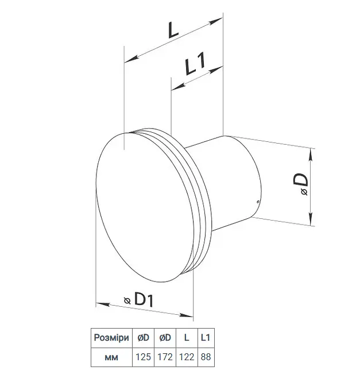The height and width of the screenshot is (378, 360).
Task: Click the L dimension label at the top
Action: pyautogui.click(x=173, y=29)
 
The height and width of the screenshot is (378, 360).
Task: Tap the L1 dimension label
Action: pyautogui.click(x=195, y=63)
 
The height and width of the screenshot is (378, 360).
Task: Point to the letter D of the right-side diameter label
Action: pyautogui.click(x=301, y=180)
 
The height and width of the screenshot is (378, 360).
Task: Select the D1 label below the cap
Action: pyautogui.click(x=144, y=299)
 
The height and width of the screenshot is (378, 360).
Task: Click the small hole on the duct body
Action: pyautogui.click(x=258, y=201)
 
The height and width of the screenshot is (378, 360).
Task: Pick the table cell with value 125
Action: pyautogui.click(x=143, y=357)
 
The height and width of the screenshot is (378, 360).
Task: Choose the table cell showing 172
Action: pyautogui.click(x=165, y=357)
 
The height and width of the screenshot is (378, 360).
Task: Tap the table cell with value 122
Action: pyautogui.click(x=187, y=357)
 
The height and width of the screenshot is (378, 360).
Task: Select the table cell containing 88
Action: pyautogui.click(x=206, y=357)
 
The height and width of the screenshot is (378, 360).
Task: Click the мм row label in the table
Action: pyautogui.click(x=111, y=357)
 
